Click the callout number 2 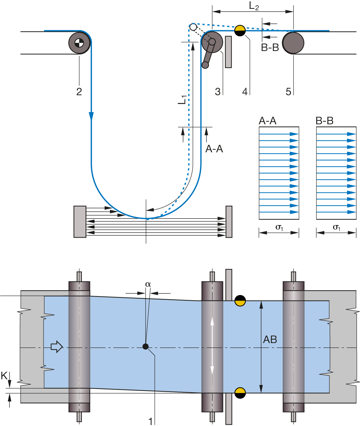tap(79, 91)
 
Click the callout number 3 tap(218, 91)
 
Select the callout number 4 tap(245, 91)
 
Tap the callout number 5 tap(288, 91)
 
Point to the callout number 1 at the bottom tap(150, 421)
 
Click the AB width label tap(270, 339)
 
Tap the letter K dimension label tap(4, 376)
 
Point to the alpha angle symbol tap(148, 284)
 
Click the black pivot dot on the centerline tap(146, 346)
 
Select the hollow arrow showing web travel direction tap(57, 347)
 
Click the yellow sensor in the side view tap(240, 29)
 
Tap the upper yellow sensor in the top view tap(240, 303)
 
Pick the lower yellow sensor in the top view tap(240, 390)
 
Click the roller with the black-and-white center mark tap(79, 43)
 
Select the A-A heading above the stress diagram tap(268, 121)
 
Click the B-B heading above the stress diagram tap(325, 121)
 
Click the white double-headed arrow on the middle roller tap(212, 346)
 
